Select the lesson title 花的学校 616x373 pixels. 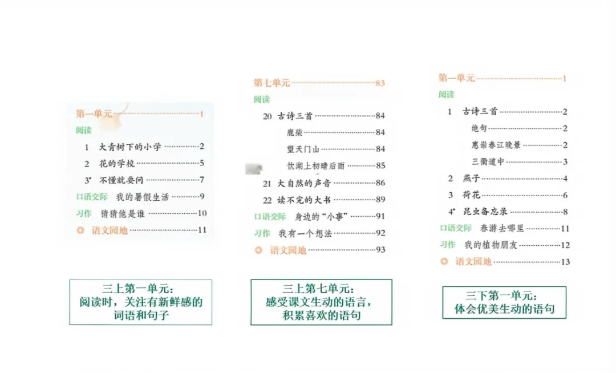(x=117, y=164)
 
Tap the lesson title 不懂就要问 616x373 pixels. (x=121, y=180)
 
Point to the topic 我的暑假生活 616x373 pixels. (x=143, y=197)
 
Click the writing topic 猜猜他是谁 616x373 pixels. (x=123, y=214)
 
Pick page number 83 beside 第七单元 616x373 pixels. (x=380, y=83)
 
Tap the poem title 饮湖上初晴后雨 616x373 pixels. (x=315, y=166)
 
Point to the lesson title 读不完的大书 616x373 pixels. (x=304, y=200)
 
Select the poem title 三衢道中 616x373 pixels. (x=488, y=161)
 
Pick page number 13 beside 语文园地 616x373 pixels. (x=565, y=262)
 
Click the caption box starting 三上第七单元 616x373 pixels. (x=321, y=302)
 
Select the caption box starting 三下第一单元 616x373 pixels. (x=504, y=302)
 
